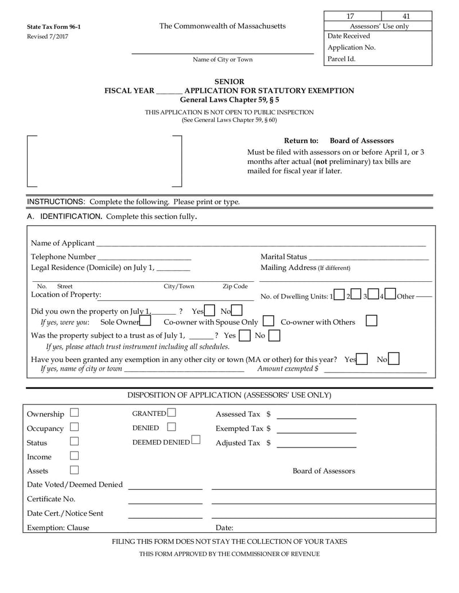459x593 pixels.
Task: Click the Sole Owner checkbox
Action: (145, 322)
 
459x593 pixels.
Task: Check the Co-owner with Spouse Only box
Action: (268, 321)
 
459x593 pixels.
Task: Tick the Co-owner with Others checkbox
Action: (371, 321)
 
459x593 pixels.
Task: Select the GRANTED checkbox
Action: (172, 413)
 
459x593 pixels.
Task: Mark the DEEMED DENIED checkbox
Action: (196, 441)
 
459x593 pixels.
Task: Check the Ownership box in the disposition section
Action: (74, 413)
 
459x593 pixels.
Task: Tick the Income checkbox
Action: (74, 456)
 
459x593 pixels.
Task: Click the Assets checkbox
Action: (74, 470)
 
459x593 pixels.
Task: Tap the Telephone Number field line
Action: (144, 258)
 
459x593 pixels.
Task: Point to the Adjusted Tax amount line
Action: (316, 446)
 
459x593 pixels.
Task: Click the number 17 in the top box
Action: (351, 16)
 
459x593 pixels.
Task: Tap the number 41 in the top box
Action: (406, 16)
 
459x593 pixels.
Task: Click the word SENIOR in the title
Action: (229, 82)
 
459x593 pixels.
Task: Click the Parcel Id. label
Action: (341, 58)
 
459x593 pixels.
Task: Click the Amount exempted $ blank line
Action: (375, 371)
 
